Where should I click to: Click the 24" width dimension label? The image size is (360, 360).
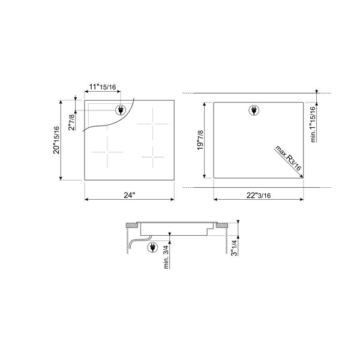[x=130, y=195]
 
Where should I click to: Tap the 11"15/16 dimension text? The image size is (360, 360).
[x=103, y=87]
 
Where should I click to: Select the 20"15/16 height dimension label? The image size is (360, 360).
[x=56, y=140]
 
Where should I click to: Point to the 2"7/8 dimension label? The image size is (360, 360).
[x=71, y=122]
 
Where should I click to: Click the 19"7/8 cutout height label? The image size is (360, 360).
[x=200, y=140]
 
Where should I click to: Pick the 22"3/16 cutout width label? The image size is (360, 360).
[x=259, y=196]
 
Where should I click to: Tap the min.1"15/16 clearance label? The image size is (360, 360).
[x=313, y=124]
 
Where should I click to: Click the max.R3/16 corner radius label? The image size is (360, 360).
[x=288, y=158]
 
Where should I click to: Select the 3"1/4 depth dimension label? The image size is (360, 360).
[x=234, y=248]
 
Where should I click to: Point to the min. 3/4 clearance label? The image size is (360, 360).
[x=166, y=257]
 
